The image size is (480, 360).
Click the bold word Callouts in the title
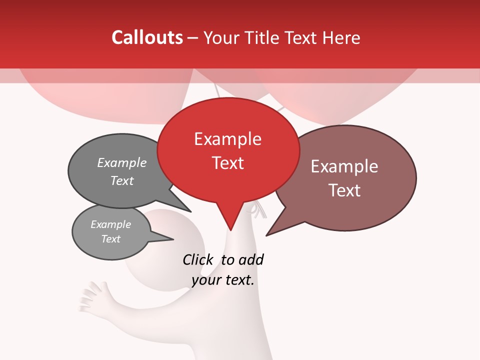[x=147, y=37]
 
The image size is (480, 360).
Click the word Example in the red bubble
[x=227, y=139]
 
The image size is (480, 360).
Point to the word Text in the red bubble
[x=227, y=163]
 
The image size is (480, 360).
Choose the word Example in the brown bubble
[x=344, y=166]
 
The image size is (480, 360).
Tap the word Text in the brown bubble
[x=344, y=190]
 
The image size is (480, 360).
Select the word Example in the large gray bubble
[x=122, y=162]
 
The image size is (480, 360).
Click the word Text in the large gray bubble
[x=122, y=180]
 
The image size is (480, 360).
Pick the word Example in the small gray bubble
[x=110, y=224]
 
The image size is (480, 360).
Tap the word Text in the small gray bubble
[x=110, y=239]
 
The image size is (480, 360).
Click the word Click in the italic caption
[x=197, y=259]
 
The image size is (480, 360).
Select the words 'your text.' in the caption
[x=223, y=280]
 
